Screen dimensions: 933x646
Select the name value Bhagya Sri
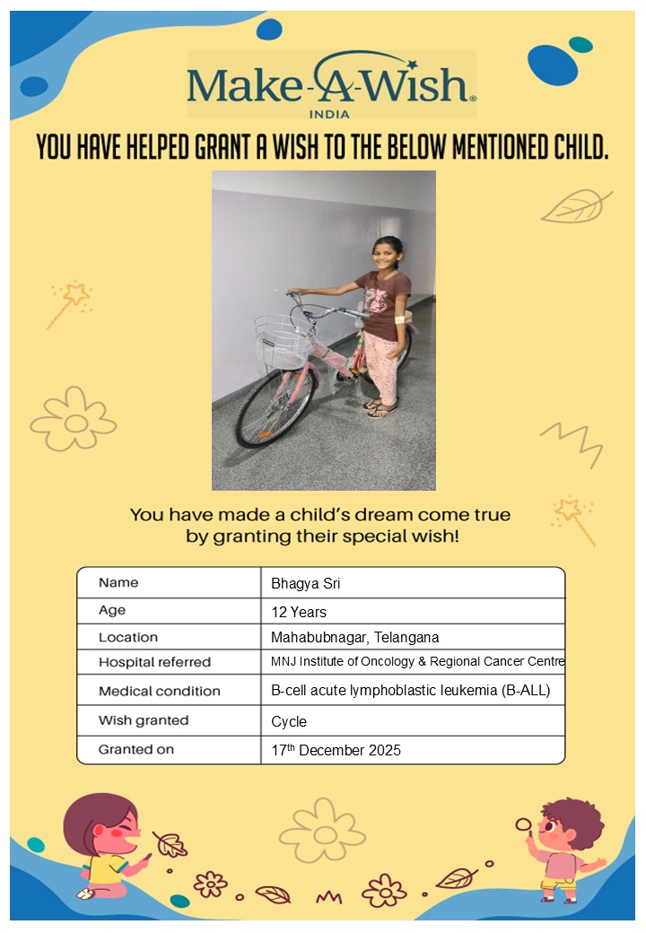[306, 584]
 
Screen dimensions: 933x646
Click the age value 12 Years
[299, 613]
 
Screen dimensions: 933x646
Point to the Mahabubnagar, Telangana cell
[355, 638]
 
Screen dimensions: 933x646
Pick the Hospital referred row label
[154, 662]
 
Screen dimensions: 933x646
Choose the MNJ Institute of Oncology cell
[417, 662]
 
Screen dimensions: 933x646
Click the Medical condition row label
[159, 691]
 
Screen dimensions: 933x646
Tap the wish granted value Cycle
[289, 721]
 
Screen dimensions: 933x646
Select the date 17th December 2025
[336, 750]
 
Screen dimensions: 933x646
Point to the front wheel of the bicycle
[275, 408]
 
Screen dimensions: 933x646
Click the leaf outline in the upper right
[576, 206]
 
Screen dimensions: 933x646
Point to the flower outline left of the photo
[74, 419]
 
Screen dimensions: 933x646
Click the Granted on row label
[136, 749]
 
